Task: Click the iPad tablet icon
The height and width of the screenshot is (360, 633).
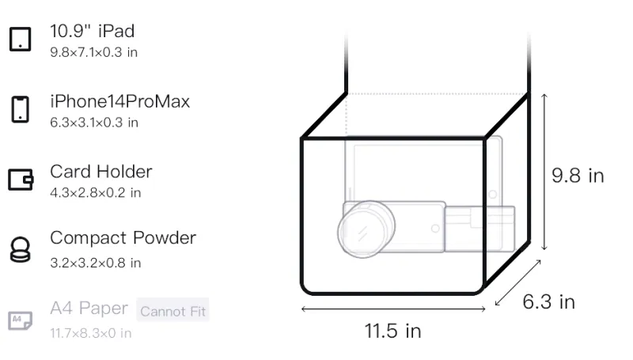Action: click(21, 39)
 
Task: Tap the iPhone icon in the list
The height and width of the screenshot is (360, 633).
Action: click(21, 109)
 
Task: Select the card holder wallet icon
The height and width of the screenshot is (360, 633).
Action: click(21, 179)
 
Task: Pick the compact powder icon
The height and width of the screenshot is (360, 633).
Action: click(21, 249)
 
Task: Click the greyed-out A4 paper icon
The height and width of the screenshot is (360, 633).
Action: click(21, 320)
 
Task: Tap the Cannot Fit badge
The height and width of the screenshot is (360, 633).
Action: click(172, 310)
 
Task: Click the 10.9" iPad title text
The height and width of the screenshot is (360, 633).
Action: click(92, 31)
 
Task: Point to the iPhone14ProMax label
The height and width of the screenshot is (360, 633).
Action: click(120, 101)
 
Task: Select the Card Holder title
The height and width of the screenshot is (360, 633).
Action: click(101, 172)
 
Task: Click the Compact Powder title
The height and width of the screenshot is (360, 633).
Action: click(123, 238)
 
